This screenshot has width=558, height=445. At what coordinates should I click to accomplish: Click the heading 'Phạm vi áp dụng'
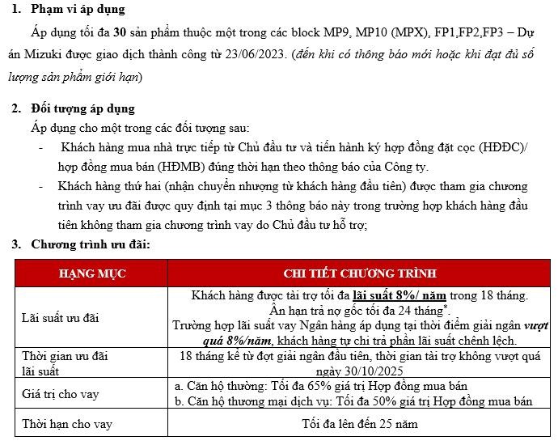click(78, 10)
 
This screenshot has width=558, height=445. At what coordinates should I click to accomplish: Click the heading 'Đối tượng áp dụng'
click(82, 108)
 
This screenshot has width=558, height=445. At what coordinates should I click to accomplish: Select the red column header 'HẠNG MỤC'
click(93, 273)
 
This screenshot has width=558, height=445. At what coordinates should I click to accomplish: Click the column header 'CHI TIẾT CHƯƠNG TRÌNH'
click(360, 273)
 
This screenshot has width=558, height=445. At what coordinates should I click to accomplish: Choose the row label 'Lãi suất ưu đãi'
click(61, 318)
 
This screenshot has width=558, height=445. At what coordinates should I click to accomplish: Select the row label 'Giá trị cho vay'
click(61, 394)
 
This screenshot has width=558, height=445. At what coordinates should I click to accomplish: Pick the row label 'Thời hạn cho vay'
click(67, 423)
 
